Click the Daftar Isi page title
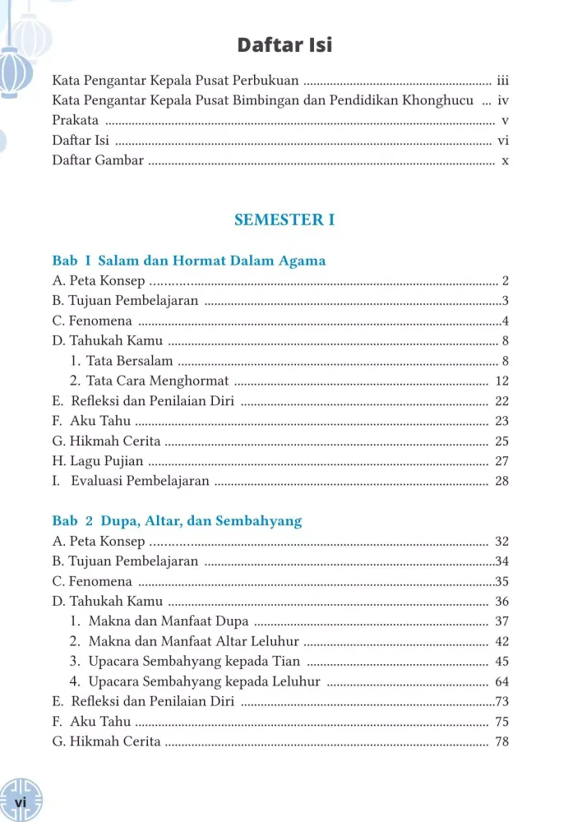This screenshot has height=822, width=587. click(x=284, y=44)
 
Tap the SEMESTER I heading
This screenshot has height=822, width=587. click(x=284, y=219)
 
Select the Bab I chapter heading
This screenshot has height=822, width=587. click(x=189, y=261)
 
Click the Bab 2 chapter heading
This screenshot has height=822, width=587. click(x=177, y=520)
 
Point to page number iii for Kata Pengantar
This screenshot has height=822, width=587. click(x=503, y=81)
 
